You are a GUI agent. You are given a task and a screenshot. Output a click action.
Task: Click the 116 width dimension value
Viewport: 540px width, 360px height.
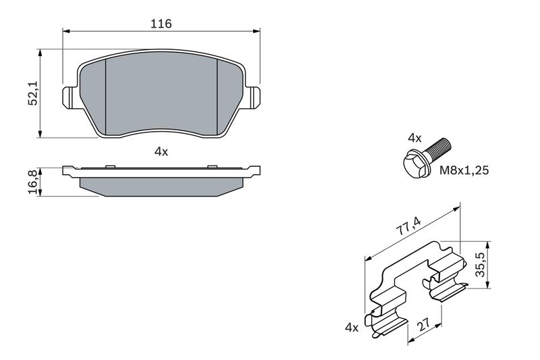click(161, 24)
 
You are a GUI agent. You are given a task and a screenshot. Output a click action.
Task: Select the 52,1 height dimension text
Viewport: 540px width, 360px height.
click(34, 94)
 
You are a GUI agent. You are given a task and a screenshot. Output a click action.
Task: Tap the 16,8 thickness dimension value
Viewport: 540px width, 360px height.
click(34, 182)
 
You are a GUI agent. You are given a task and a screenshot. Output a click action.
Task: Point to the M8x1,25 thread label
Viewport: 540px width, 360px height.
click(464, 170)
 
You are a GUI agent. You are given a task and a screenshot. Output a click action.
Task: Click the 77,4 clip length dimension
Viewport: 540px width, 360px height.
click(408, 227)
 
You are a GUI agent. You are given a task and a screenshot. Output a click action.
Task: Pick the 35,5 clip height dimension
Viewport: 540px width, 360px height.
click(480, 265)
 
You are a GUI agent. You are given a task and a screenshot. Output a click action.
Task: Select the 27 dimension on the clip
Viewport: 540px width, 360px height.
click(423, 324)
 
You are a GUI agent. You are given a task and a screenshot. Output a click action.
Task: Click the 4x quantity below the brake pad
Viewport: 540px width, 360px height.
click(161, 151)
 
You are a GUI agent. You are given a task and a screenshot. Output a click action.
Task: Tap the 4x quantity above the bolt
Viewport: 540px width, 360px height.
click(414, 138)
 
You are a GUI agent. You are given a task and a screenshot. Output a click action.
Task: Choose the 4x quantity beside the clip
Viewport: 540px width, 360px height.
click(352, 328)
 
